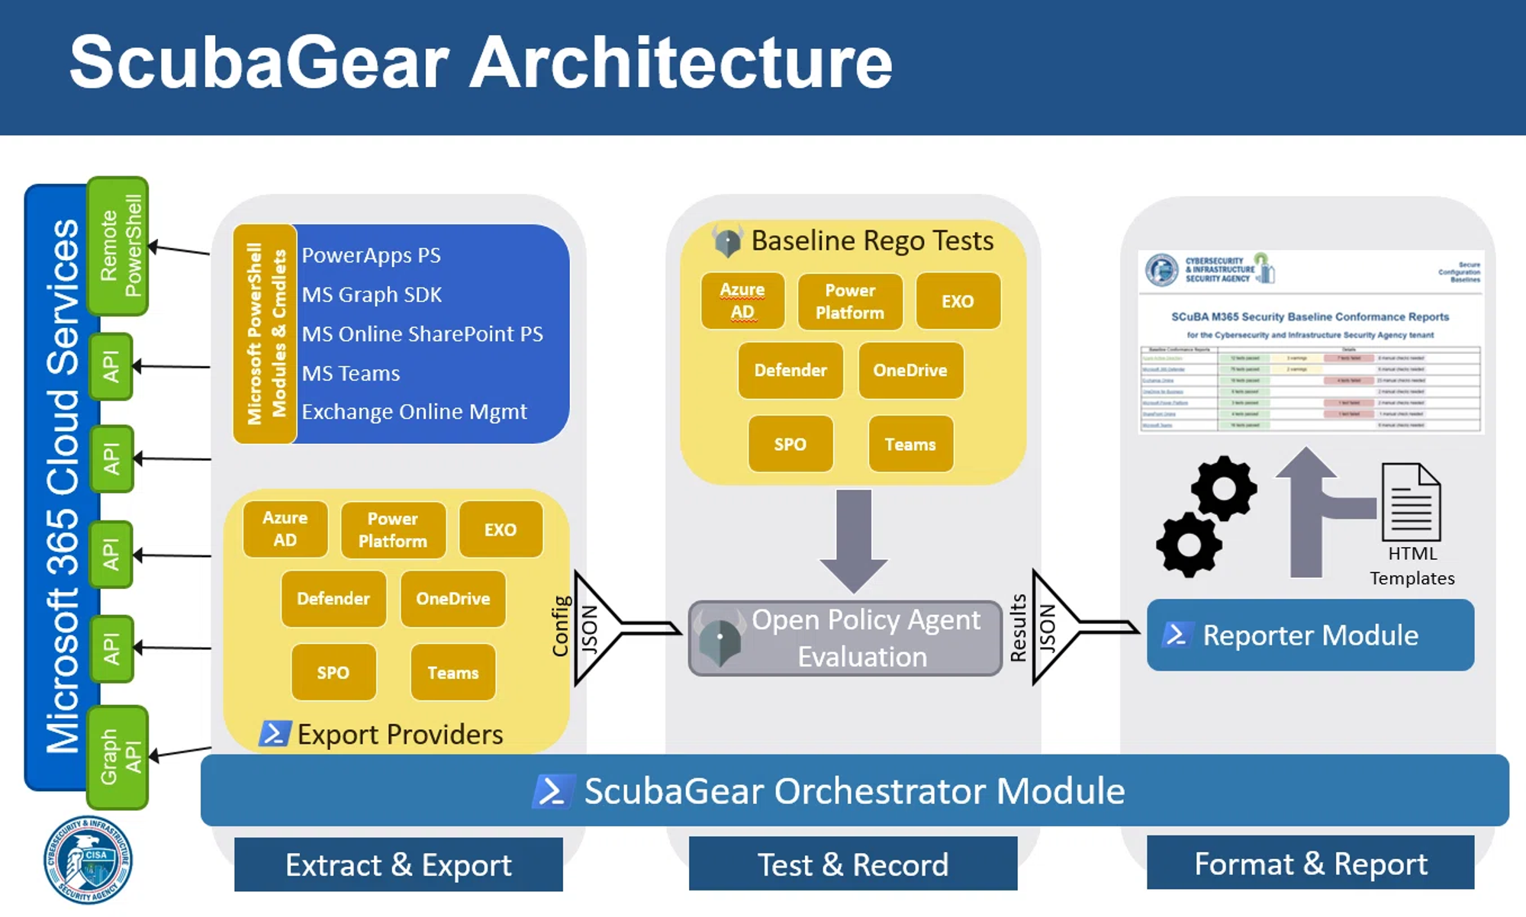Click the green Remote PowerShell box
coord(118,246)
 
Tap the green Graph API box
coord(118,757)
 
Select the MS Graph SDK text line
coord(372,294)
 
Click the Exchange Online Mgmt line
coord(414,412)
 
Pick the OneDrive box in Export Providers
coord(452,599)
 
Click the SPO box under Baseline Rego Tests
coord(790,444)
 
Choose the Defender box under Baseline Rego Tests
coord(790,371)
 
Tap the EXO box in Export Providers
coord(501,530)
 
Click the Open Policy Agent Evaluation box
coord(845,639)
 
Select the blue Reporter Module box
coord(1310,635)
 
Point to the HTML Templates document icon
coord(1412,502)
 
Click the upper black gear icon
coord(1223,488)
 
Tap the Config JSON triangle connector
coord(595,628)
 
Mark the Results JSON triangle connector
coord(1053,627)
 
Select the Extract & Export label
coord(398,865)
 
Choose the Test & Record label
coord(853,865)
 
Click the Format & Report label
coord(1310,864)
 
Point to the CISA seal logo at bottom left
coord(88,861)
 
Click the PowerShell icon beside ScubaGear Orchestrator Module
coord(552,791)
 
